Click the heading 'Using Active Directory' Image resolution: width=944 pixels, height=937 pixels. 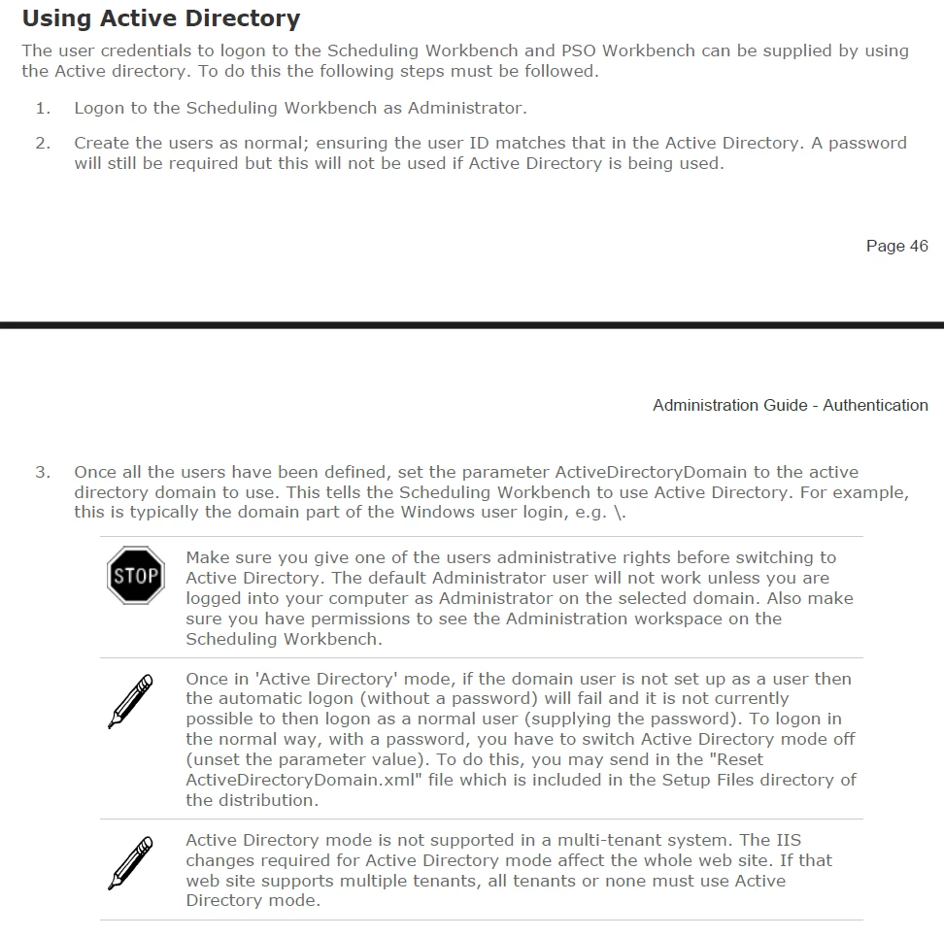point(160,18)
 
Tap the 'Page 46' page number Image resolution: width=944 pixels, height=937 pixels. point(896,247)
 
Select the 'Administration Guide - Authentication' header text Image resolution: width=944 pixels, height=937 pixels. point(790,406)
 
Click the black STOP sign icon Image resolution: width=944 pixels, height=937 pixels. point(136,576)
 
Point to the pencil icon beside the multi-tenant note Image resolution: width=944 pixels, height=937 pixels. point(130,862)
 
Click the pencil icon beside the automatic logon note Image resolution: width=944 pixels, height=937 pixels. point(130,701)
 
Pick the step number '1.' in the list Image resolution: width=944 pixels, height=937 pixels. point(43,108)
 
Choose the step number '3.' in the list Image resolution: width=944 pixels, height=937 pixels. point(43,473)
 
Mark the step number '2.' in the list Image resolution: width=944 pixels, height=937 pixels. point(43,143)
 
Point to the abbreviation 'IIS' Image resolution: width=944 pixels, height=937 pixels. point(788,840)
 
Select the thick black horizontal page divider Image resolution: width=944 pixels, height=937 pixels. point(472,324)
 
